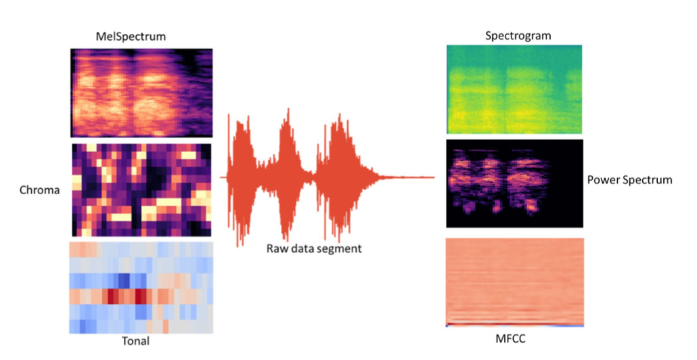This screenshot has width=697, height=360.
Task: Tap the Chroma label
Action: pyautogui.click(x=39, y=190)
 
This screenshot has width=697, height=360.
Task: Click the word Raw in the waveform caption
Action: pyautogui.click(x=278, y=248)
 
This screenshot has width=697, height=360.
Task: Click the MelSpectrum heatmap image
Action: pyautogui.click(x=141, y=93)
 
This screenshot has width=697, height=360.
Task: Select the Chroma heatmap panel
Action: pyautogui.click(x=141, y=189)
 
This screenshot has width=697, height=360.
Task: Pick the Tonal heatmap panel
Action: pyautogui.click(x=141, y=288)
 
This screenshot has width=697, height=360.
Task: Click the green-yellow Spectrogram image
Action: pyautogui.click(x=514, y=89)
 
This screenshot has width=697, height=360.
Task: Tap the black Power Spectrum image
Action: pyautogui.click(x=514, y=183)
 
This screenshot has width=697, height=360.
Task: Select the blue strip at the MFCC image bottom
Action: pyautogui.click(x=514, y=325)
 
